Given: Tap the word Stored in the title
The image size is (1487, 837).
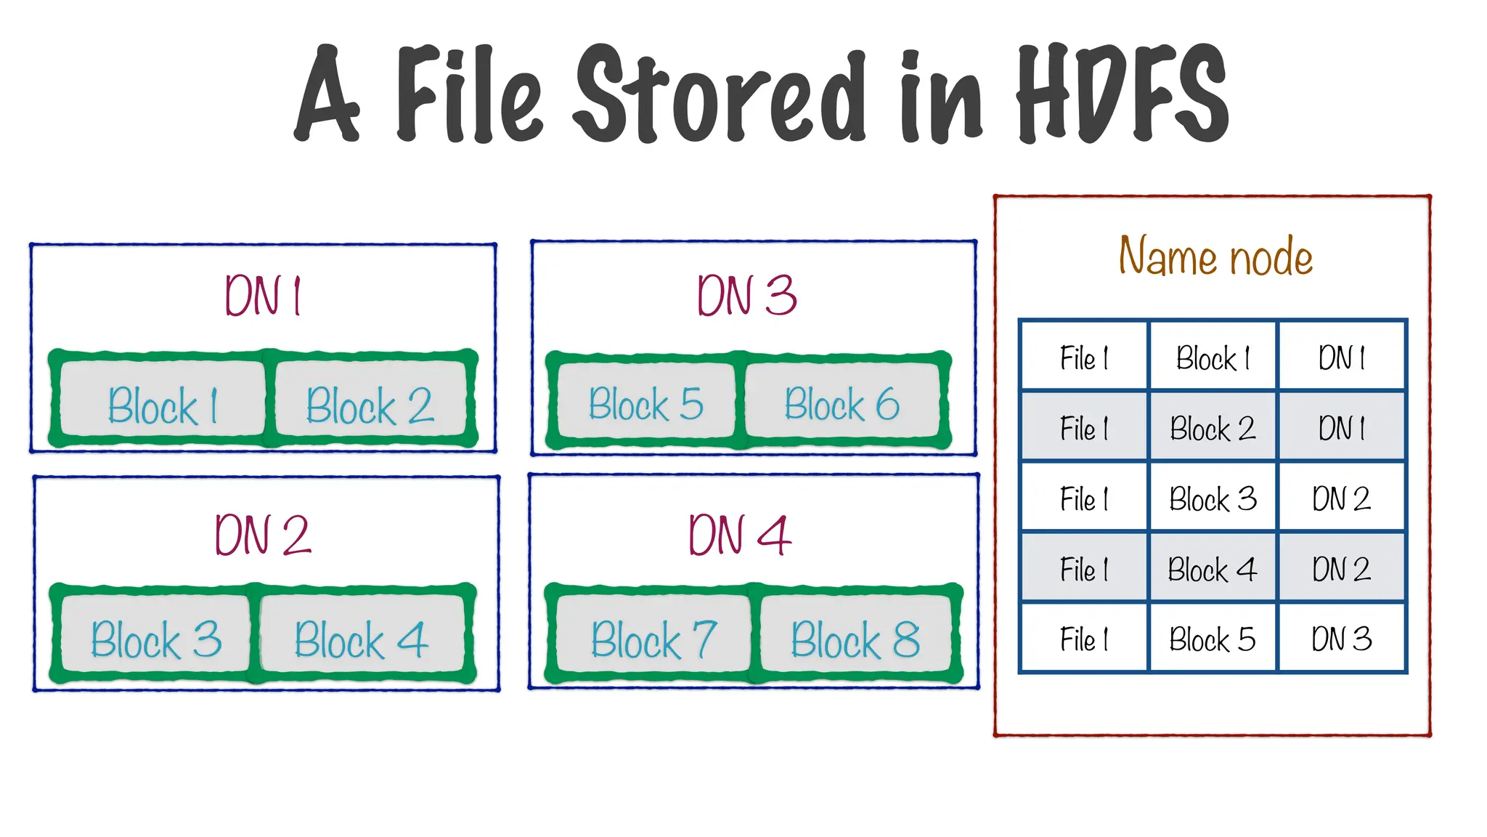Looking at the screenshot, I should (719, 94).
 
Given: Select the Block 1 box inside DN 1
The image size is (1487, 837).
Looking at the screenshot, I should (163, 403).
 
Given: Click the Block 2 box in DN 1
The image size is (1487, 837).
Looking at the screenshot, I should (370, 403).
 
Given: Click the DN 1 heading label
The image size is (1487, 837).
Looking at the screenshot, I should (263, 296).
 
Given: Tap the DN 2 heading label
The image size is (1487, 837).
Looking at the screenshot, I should (263, 535).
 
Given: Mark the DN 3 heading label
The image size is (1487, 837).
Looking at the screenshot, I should (747, 296).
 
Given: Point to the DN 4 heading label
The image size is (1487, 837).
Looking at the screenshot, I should (739, 535).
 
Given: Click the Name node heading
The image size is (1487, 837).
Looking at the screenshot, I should (1215, 256).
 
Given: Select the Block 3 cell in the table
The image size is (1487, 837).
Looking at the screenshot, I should (1213, 498).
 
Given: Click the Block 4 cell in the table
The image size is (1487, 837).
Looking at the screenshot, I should (1213, 569).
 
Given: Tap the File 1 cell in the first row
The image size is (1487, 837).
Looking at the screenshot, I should (1084, 357).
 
